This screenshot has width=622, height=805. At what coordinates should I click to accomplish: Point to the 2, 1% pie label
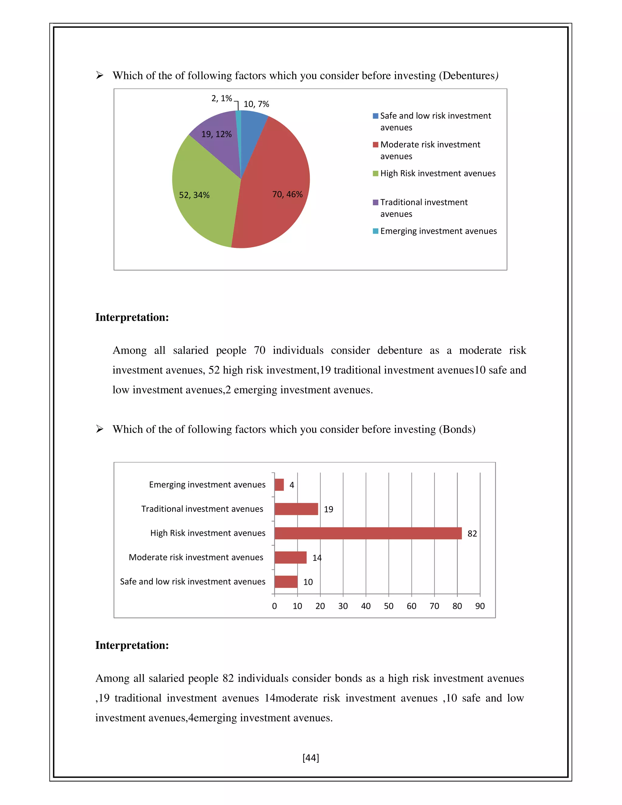click(221, 98)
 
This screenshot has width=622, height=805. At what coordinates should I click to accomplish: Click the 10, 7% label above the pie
click(256, 104)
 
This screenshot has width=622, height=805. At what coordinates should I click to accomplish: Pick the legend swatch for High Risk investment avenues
click(375, 173)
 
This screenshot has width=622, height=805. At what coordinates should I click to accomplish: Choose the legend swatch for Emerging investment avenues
click(375, 231)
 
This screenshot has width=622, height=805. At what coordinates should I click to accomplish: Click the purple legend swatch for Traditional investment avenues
click(375, 202)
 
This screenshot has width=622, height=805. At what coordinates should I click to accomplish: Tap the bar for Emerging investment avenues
click(279, 485)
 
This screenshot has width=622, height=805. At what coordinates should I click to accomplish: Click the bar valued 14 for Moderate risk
click(290, 557)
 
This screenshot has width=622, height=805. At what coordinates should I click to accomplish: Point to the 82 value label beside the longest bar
click(472, 534)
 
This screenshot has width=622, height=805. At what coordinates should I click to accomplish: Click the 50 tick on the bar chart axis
click(388, 606)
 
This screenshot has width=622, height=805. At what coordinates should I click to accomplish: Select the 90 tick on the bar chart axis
click(480, 606)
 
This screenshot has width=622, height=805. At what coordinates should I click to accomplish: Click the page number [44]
click(311, 758)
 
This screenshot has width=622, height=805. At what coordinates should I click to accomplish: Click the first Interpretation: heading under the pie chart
click(132, 317)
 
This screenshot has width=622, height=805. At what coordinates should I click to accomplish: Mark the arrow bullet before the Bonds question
click(100, 429)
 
